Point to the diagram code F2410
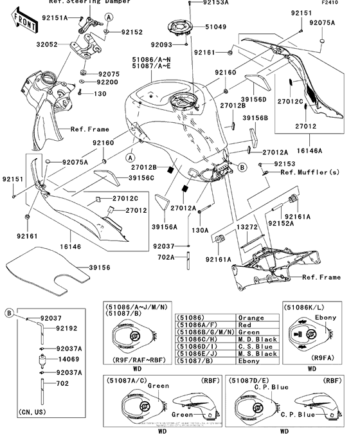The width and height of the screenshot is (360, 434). [x=345, y=3]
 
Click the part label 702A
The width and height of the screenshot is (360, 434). [x=167, y=257]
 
